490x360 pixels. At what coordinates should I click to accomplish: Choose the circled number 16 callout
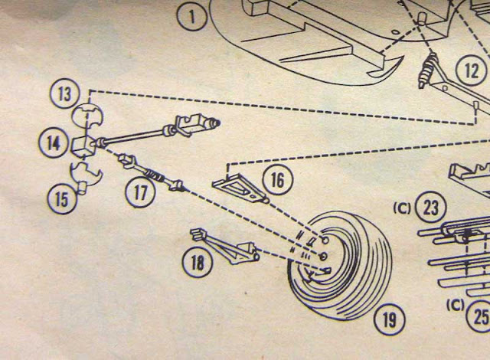277,180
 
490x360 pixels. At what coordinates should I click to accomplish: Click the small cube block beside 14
83,144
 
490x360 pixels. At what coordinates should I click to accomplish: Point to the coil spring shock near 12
429,74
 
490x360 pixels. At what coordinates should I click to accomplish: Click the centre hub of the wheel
323,255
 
